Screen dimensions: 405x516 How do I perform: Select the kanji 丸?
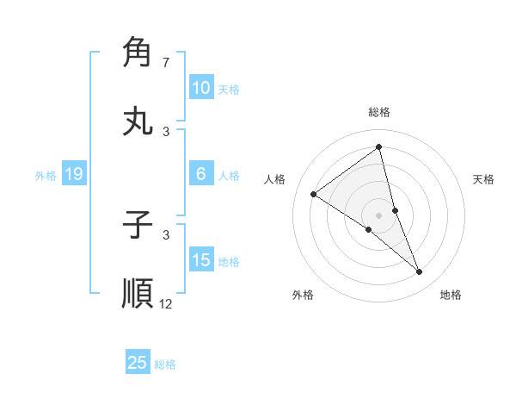tap(138, 120)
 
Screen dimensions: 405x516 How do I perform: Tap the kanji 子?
tap(138, 225)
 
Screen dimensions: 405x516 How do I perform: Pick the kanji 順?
tap(138, 293)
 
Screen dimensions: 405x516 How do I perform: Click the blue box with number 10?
tap(201, 88)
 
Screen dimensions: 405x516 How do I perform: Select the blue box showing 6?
tap(201, 174)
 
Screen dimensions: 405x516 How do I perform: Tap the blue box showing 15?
tap(201, 260)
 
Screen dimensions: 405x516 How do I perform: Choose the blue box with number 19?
tap(74, 174)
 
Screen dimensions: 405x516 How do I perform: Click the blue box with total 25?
tap(138, 363)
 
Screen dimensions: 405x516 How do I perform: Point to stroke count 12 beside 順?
tap(166, 303)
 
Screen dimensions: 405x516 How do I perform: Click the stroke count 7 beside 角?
tap(165, 63)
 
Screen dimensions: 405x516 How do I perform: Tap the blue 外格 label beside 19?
tap(46, 175)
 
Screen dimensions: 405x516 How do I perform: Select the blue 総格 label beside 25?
tap(165, 364)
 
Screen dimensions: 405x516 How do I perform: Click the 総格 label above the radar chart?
tap(379, 112)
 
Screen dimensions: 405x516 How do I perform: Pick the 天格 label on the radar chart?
tap(483, 179)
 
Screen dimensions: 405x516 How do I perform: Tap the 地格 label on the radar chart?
tap(451, 295)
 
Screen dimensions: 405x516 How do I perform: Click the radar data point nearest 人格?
tap(314, 195)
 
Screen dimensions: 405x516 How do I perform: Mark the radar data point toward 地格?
tap(420, 272)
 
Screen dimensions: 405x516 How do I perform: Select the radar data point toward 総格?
tap(379, 148)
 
